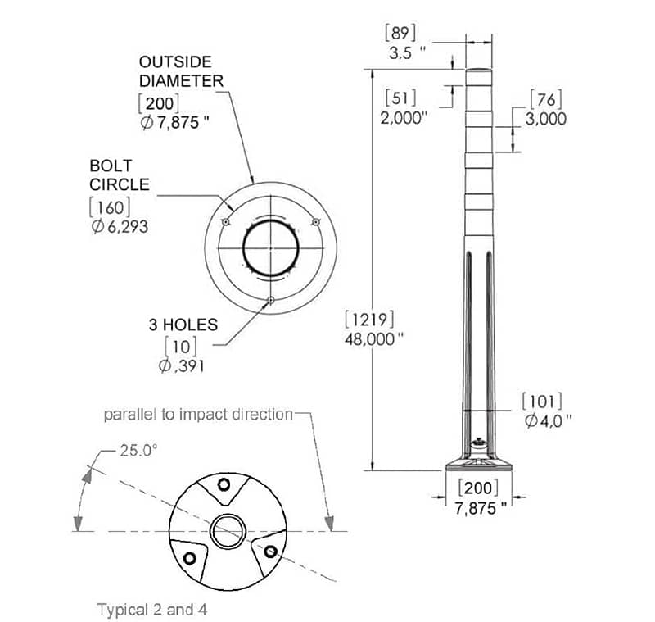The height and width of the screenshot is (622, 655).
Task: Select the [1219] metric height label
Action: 371,318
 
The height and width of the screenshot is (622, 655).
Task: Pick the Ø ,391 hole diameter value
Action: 181,365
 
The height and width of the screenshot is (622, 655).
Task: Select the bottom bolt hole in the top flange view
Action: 269,300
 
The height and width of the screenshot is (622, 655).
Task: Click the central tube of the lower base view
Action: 226,532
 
